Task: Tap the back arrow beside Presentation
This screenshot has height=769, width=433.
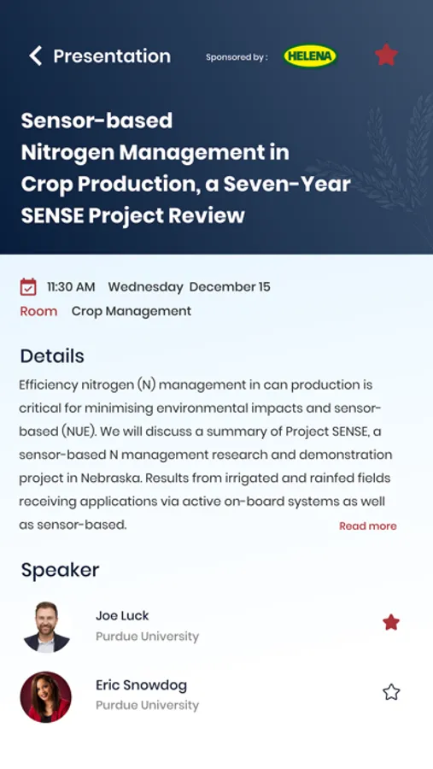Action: [x=35, y=56]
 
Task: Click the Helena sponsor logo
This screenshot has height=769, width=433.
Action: [x=310, y=56]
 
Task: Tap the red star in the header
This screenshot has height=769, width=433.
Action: [x=386, y=55]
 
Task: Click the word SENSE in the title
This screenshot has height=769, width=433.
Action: [x=52, y=215]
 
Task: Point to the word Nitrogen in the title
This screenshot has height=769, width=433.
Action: [x=67, y=153]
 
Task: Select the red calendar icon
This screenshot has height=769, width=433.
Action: [x=28, y=287]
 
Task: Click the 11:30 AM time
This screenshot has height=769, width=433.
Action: [x=71, y=287]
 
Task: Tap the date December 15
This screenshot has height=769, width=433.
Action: [x=230, y=287]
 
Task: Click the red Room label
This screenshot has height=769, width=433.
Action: [x=38, y=311]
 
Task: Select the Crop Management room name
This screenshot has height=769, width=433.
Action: [x=132, y=311]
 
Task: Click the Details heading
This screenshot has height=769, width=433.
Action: [x=52, y=356]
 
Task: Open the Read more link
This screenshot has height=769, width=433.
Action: [x=368, y=526]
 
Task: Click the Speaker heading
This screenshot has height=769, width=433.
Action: [x=60, y=570]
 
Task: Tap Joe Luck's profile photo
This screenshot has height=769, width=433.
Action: [x=47, y=627]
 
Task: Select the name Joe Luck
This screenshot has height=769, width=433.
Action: [x=122, y=615]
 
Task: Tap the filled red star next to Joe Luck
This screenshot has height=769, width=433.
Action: [x=391, y=622]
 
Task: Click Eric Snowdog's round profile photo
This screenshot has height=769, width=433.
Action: [x=45, y=697]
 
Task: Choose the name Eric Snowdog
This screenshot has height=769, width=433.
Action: [x=141, y=685]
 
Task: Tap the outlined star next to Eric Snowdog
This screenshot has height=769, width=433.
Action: [x=391, y=692]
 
